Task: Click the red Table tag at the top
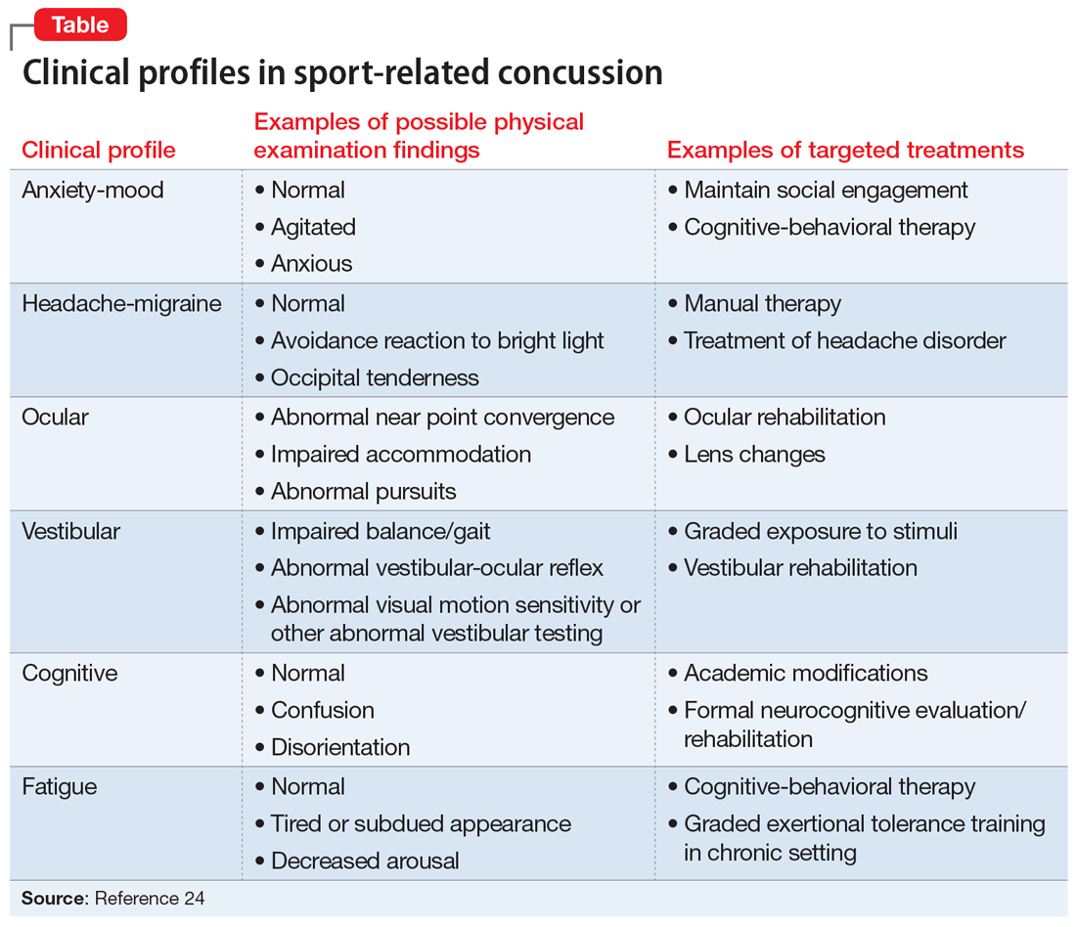tap(80, 24)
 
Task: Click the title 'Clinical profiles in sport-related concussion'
tap(342, 73)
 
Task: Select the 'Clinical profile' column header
tap(99, 150)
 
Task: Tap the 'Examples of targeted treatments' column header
tap(845, 150)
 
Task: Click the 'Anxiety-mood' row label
tap(93, 190)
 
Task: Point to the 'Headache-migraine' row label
tap(121, 303)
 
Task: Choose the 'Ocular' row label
tap(55, 417)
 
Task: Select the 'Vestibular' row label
tap(70, 531)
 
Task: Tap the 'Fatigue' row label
tap(59, 786)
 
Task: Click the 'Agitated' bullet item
tap(313, 227)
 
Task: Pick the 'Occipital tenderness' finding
tap(375, 377)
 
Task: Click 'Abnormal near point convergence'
tap(442, 417)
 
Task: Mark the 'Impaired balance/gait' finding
tap(381, 531)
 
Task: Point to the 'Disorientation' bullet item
tap(340, 747)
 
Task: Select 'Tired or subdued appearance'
tap(421, 823)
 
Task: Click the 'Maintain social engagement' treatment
tap(826, 190)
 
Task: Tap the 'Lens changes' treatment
tap(754, 454)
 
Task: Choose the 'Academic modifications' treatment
tap(806, 673)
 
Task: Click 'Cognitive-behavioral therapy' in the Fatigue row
tap(829, 786)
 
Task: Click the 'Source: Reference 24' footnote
tap(113, 898)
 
